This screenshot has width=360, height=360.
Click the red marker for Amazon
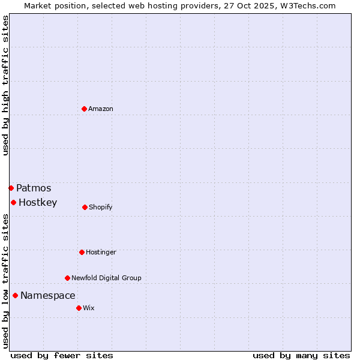click(84, 109)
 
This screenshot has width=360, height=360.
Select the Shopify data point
click(85, 207)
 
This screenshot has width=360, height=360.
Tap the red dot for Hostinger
click(82, 252)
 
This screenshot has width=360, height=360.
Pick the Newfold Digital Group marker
click(67, 278)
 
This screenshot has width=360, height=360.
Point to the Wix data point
click(79, 308)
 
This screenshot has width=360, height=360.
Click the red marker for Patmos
click(11, 188)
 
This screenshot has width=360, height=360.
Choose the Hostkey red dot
click(13, 202)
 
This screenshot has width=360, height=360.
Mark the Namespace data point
click(15, 295)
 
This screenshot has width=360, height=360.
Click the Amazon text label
click(101, 109)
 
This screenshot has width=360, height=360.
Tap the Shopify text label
click(101, 207)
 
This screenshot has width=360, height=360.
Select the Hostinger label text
click(101, 252)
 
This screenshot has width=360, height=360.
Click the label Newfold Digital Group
click(106, 278)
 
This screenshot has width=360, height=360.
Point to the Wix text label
click(89, 308)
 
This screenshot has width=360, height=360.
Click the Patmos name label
click(34, 188)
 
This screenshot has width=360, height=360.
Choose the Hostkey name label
click(38, 202)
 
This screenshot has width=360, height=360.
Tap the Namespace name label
click(48, 295)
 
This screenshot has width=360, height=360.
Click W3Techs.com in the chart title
click(310, 5)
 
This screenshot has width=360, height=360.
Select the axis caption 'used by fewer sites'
click(62, 355)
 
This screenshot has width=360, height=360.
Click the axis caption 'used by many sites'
click(301, 355)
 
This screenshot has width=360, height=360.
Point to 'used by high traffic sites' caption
click(5, 85)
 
